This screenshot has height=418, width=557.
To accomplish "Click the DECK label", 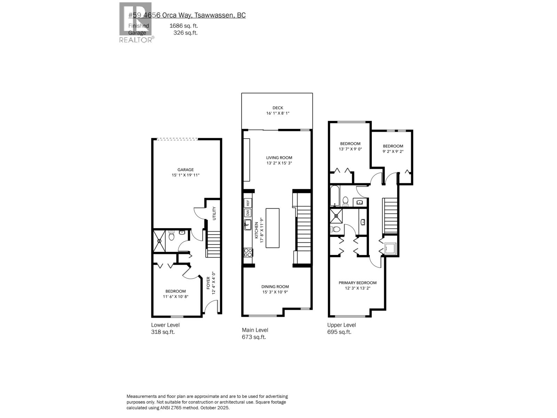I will pyautogui.click(x=277, y=108).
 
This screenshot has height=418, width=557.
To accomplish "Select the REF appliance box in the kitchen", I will pyautogui.click(x=248, y=203).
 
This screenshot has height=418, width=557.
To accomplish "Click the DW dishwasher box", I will pyautogui.click(x=248, y=212).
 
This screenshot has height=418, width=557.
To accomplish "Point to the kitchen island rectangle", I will pyautogui.click(x=272, y=228).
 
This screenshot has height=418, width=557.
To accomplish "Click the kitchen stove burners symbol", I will pyautogui.click(x=248, y=252).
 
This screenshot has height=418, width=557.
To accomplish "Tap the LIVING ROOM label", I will pyautogui.click(x=279, y=157).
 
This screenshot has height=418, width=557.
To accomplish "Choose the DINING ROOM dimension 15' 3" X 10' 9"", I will pyautogui.click(x=275, y=292).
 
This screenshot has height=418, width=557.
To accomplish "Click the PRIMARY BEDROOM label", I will pyautogui.click(x=358, y=282).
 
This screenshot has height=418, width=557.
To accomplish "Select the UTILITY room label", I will pyautogui.click(x=214, y=213).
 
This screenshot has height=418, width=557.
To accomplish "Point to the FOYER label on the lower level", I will pyautogui.click(x=209, y=283).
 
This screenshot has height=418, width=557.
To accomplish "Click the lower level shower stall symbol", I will pyautogui.click(x=159, y=240).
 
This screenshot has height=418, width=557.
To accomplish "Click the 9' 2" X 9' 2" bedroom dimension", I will pyautogui.click(x=393, y=152).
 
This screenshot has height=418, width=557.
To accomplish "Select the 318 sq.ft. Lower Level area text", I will pyautogui.click(x=163, y=332).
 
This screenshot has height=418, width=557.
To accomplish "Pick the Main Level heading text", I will pyautogui.click(x=255, y=330).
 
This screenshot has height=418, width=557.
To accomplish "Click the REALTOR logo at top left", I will pyautogui.click(x=136, y=23).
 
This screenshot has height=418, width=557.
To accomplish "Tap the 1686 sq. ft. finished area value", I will pyautogui.click(x=183, y=26).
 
